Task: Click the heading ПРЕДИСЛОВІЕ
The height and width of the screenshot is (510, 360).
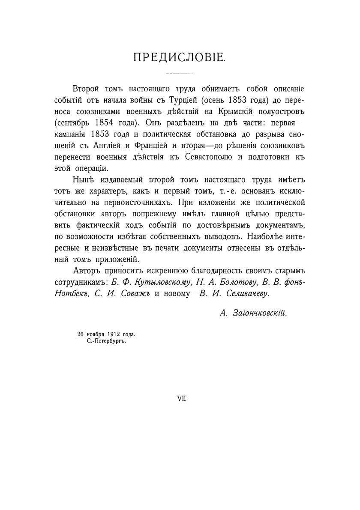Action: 180,58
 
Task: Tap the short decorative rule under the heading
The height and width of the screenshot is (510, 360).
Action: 180,74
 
